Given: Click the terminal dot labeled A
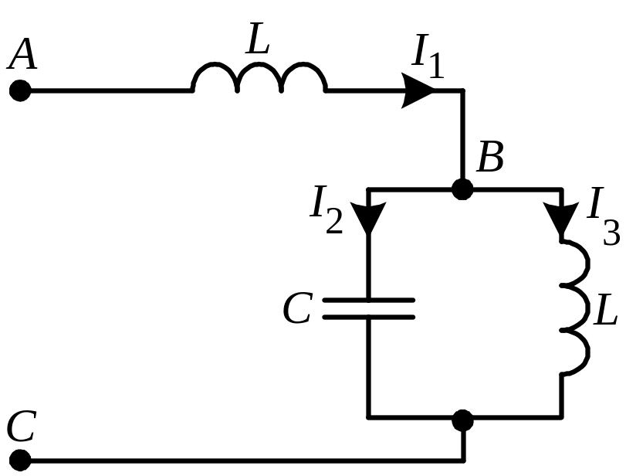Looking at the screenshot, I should (x=20, y=91).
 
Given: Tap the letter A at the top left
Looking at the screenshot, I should (x=24, y=56).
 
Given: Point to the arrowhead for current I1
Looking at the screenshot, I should (x=419, y=91).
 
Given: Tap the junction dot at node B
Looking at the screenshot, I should (x=462, y=189).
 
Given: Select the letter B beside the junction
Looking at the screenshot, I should (x=490, y=158).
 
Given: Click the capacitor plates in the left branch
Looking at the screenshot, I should (x=368, y=308).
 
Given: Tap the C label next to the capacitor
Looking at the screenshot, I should (x=297, y=309).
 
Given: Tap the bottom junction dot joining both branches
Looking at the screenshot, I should (x=462, y=420).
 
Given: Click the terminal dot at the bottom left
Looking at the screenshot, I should (x=20, y=461).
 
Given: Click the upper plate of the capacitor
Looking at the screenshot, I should (x=368, y=300).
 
